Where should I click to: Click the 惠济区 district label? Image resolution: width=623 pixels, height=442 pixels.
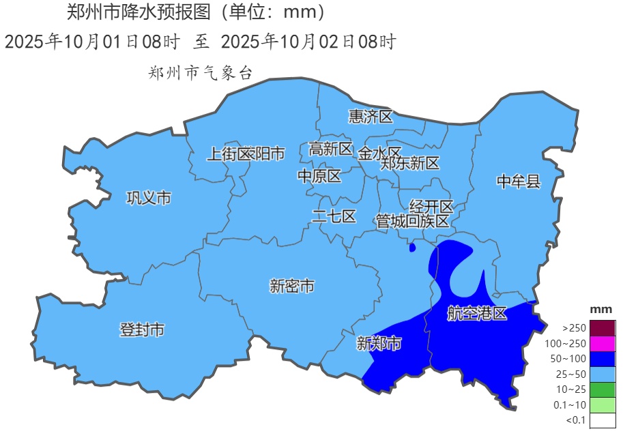[x=371, y=117]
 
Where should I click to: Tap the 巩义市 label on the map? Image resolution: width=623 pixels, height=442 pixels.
[x=149, y=198]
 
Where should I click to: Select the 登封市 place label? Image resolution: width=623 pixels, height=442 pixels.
[x=142, y=330]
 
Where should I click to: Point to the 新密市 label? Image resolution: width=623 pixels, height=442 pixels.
[x=292, y=286]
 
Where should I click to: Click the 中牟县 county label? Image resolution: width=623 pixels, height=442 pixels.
[x=518, y=181]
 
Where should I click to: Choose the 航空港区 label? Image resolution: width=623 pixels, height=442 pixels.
[x=478, y=314]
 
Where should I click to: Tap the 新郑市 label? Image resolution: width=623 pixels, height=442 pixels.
[x=379, y=344]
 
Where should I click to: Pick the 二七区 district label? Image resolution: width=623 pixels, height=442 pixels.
[x=334, y=217]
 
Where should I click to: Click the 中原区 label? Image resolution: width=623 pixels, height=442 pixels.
[x=319, y=177]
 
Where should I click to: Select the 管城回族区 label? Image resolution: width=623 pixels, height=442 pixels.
[x=413, y=221]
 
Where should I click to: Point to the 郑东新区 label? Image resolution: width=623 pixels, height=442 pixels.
[x=410, y=164]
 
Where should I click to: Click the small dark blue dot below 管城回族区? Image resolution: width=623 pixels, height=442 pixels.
[x=412, y=248]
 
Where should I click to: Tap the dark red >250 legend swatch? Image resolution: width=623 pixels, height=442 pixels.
[x=603, y=327]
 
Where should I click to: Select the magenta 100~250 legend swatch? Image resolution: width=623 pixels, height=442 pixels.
[x=603, y=343]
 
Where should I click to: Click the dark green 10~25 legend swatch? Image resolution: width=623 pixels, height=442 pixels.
[x=603, y=389]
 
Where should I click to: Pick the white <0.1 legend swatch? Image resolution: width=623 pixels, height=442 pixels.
[x=603, y=420]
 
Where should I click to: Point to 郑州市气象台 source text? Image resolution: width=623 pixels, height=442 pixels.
[x=200, y=74]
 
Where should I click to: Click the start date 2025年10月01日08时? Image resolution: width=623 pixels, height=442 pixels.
[x=92, y=42]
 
